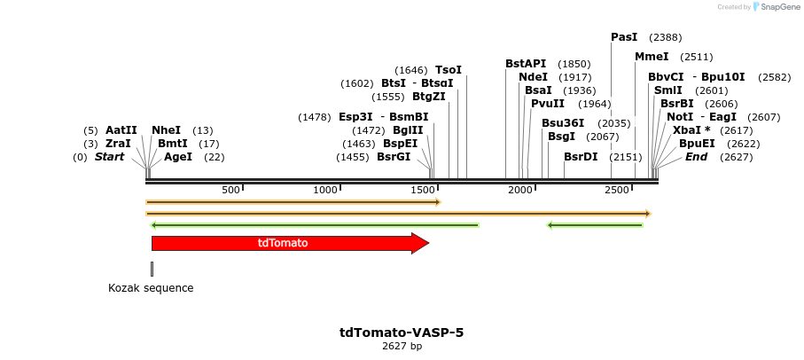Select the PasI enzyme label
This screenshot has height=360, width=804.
[624, 37]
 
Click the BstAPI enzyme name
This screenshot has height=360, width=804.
[526, 64]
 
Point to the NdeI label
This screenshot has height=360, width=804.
[533, 77]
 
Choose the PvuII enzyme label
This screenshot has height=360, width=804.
[548, 104]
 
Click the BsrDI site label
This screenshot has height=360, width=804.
[581, 157]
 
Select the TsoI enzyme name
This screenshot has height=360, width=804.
[449, 70]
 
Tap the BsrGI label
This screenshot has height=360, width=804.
[394, 157]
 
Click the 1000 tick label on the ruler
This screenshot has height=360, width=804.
[326, 190]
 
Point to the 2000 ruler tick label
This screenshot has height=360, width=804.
[519, 190]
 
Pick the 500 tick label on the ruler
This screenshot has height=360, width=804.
[230, 190]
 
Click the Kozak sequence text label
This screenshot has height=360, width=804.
[151, 288]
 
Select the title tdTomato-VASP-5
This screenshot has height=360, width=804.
[402, 333]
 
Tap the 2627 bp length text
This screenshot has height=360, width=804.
[402, 347]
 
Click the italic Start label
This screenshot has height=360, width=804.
[109, 157]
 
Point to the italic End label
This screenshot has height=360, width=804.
[696, 157]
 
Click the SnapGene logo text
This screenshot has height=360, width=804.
[777, 7]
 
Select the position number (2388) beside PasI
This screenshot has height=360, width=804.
[665, 37]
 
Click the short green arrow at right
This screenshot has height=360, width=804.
[595, 225]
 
